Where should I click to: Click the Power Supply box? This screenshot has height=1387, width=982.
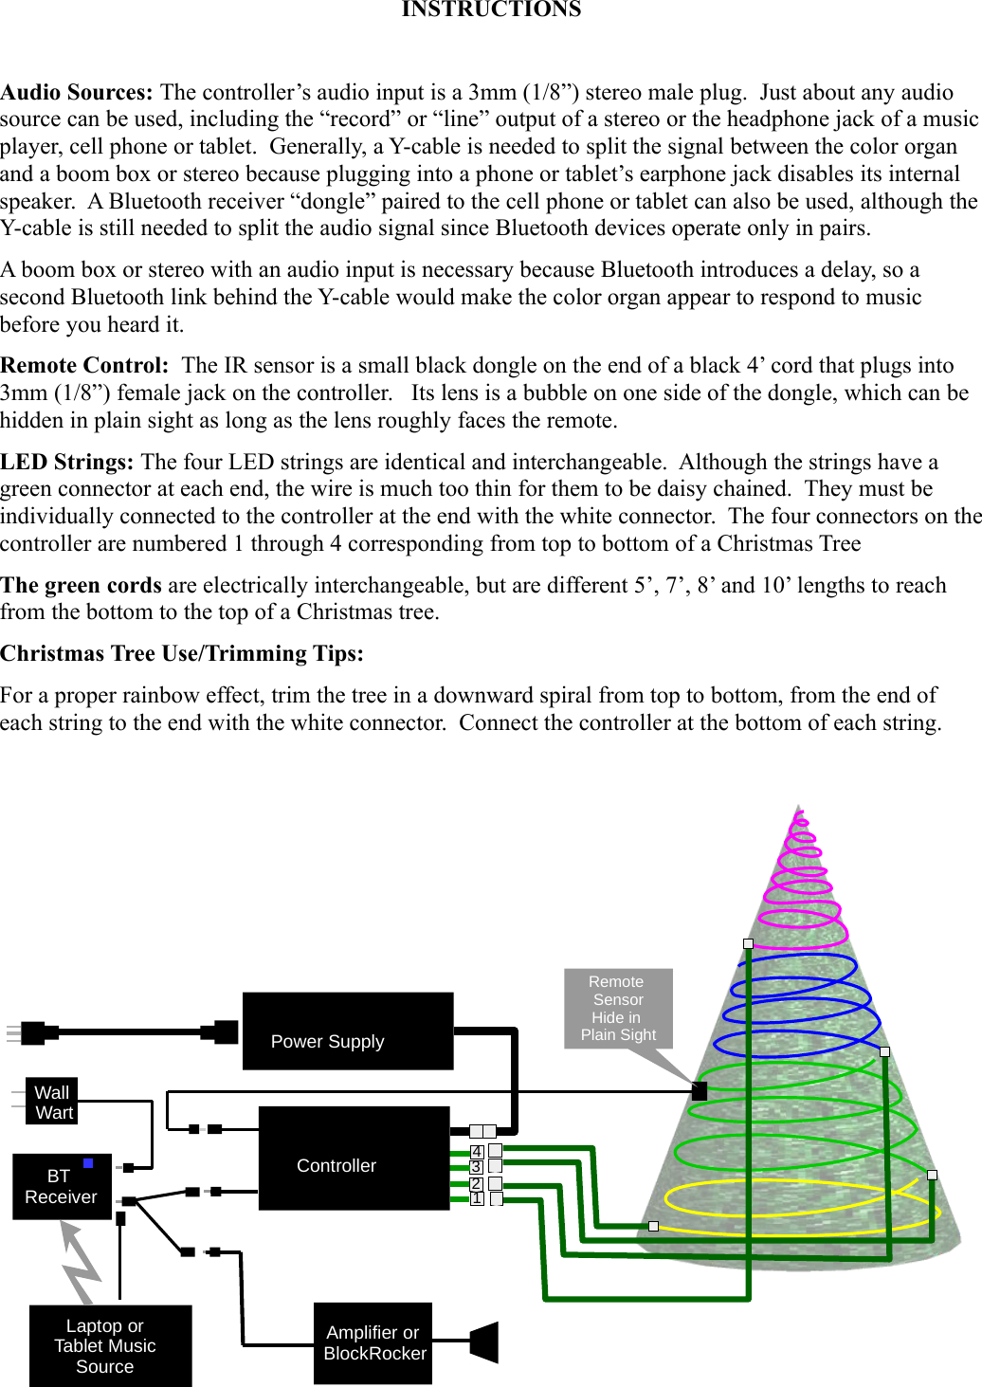pyautogui.click(x=348, y=1031)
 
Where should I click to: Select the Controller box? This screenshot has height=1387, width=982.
pyautogui.click(x=354, y=1158)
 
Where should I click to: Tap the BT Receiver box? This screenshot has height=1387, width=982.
pyautogui.click(x=62, y=1186)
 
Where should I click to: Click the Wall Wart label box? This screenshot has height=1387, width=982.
pyautogui.click(x=52, y=1102)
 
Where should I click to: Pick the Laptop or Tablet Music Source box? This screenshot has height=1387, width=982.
pyautogui.click(x=110, y=1345)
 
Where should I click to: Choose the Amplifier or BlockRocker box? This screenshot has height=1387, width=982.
pyautogui.click(x=373, y=1342)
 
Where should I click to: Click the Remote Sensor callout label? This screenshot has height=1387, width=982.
pyautogui.click(x=618, y=1008)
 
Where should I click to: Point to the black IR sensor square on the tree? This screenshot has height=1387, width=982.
pyautogui.click(x=700, y=1091)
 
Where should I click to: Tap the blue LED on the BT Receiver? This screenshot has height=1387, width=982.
pyautogui.click(x=88, y=1162)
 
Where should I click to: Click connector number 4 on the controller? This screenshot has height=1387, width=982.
pyautogui.click(x=477, y=1152)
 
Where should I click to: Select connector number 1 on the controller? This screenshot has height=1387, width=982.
pyautogui.click(x=477, y=1198)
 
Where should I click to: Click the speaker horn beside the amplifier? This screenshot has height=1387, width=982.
pyautogui.click(x=484, y=1341)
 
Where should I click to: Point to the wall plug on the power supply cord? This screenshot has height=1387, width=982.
pyautogui.click(x=31, y=1032)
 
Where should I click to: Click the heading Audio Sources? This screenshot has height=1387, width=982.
pyautogui.click(x=76, y=92)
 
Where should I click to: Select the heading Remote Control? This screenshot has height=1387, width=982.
pyautogui.click(x=84, y=365)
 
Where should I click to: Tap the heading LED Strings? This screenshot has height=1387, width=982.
pyautogui.click(x=66, y=462)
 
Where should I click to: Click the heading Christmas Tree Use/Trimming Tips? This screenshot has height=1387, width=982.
pyautogui.click(x=182, y=653)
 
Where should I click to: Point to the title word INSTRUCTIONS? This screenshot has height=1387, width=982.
pyautogui.click(x=491, y=9)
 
